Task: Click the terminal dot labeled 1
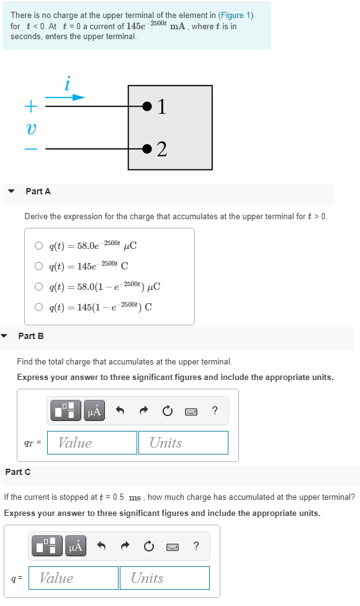[146, 107]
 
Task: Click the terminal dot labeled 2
[146, 149]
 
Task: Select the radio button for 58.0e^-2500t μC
[39, 245]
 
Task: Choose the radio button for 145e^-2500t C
[39, 266]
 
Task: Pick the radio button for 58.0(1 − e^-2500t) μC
[39, 287]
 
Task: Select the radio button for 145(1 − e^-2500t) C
[39, 307]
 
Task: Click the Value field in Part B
[92, 443]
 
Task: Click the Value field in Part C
[73, 578]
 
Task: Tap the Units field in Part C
[164, 578]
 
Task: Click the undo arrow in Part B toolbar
[120, 410]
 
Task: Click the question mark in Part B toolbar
[214, 410]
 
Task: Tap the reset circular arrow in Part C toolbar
[148, 546]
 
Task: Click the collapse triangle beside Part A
[11, 192]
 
